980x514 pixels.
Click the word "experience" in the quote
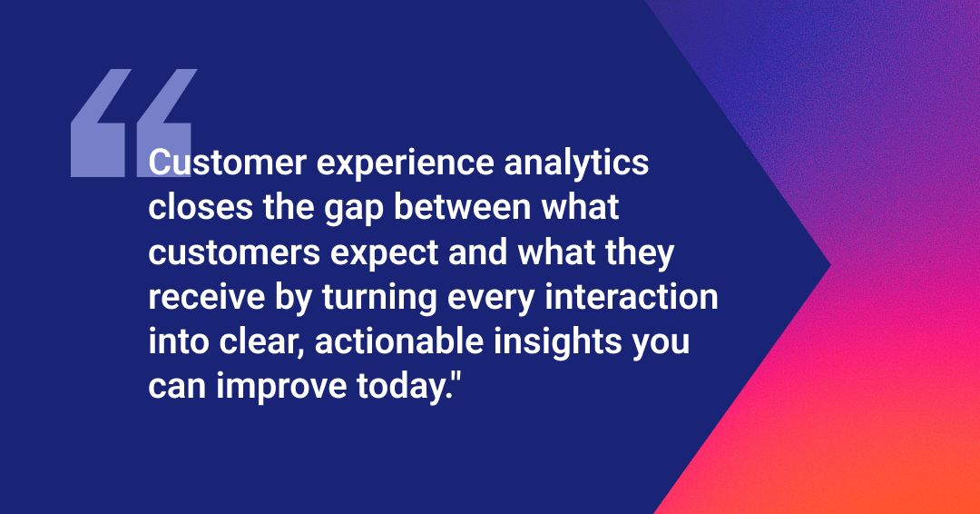coord(406,164)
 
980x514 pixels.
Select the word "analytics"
coord(576,164)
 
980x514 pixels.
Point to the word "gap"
coord(353,210)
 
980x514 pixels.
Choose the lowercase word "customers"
coord(234,252)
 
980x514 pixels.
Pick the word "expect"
coord(385,254)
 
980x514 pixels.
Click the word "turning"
coord(379,298)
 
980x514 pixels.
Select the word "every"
coord(491,300)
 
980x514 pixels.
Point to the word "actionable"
coord(399,341)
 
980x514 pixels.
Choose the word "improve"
coord(281,388)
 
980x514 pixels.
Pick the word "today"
coord(400,388)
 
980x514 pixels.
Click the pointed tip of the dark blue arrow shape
coord(830,265)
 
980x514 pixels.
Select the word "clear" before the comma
coord(257,341)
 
